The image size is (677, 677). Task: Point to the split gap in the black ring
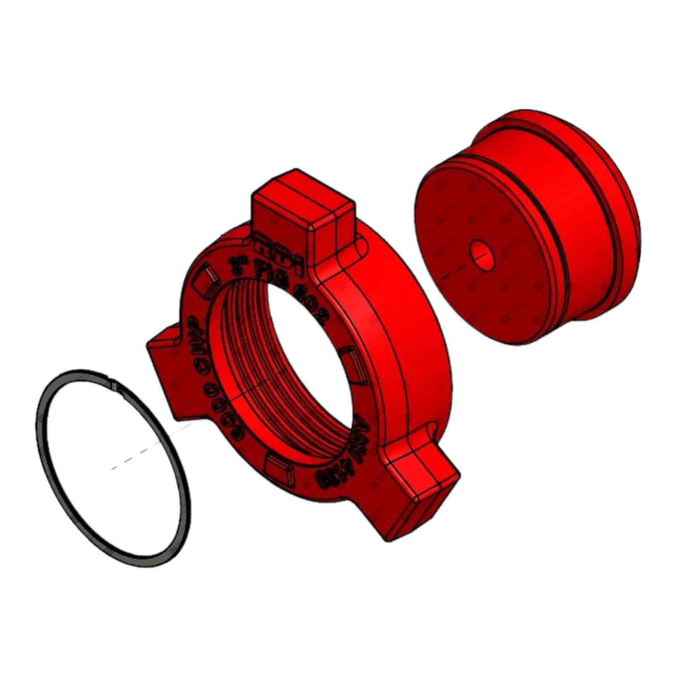[x=114, y=384]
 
